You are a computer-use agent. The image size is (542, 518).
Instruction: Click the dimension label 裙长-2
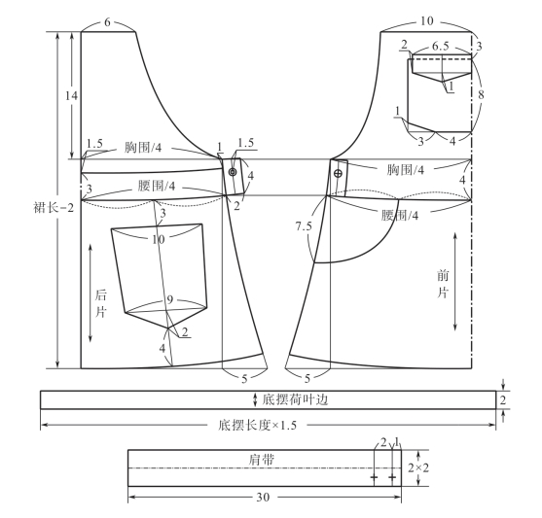click(54, 208)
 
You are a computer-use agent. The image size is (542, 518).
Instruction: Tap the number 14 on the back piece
click(72, 95)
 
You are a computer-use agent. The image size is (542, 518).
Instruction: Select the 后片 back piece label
click(100, 304)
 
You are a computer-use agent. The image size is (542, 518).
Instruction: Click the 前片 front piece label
click(443, 284)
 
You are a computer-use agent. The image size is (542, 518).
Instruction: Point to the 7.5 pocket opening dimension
click(304, 226)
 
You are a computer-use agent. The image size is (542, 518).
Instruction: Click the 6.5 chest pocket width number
click(441, 46)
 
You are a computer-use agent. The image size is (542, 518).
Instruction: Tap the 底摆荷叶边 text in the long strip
click(295, 399)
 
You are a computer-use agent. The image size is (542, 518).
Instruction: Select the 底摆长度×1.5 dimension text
click(258, 425)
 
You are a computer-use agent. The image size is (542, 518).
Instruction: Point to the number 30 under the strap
click(263, 498)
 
